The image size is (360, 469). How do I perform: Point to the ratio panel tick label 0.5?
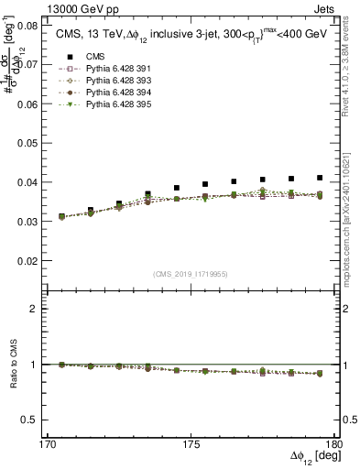pos(40,420)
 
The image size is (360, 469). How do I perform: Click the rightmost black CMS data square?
pos(320,178)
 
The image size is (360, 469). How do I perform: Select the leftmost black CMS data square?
pos(62,217)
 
